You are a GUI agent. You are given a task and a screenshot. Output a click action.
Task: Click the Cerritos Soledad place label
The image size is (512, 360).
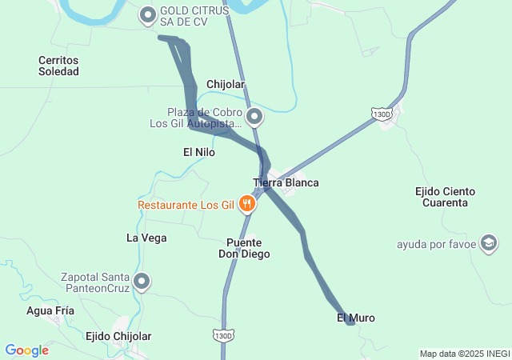point(59,66)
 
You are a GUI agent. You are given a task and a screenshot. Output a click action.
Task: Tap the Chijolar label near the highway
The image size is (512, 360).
point(226,84)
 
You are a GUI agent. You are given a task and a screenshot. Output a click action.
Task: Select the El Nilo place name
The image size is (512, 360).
point(199,152)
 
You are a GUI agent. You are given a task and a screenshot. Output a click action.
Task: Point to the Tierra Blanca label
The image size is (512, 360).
point(286,182)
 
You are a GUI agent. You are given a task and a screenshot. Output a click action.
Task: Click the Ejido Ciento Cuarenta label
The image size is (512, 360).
point(446,197)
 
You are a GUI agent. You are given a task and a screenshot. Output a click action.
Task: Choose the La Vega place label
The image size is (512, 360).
point(146,238)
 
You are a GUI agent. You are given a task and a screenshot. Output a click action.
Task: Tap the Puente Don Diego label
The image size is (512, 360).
point(245,248)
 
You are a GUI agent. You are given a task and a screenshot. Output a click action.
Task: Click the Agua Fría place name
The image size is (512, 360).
point(50,310)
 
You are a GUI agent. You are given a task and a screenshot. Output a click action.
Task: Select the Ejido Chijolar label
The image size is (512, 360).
point(118,336)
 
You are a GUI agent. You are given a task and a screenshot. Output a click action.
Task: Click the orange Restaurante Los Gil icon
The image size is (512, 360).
point(247,204)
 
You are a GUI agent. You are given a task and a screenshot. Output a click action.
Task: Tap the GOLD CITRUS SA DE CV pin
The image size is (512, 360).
point(148,14)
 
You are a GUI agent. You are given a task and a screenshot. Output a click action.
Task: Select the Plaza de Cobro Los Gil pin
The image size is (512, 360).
point(254,118)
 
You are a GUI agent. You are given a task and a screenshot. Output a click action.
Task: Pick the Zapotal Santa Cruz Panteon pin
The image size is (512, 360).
point(142,281)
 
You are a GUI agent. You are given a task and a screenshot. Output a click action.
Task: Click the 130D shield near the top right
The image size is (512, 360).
point(383,115)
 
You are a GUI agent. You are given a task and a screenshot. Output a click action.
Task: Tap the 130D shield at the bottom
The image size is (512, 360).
point(224,334)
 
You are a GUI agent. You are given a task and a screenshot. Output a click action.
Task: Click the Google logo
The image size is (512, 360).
point(27,350)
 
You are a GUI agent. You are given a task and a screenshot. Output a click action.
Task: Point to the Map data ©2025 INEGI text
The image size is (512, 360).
point(464,354)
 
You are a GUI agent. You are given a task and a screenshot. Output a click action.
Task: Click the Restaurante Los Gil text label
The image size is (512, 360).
point(185,205)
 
